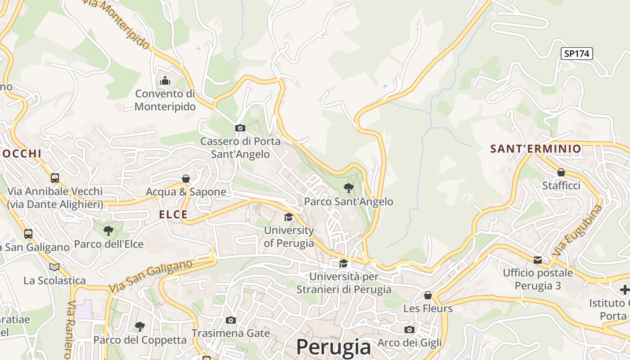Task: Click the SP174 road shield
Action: pyautogui.click(x=577, y=54)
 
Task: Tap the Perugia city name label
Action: pyautogui.click(x=333, y=347)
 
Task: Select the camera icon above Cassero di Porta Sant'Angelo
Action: pyautogui.click(x=240, y=128)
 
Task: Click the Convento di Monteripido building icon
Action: pyautogui.click(x=165, y=81)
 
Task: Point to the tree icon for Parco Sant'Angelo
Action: pyautogui.click(x=348, y=188)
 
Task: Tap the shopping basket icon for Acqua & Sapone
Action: pyautogui.click(x=186, y=179)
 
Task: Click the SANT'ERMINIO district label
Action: pyautogui.click(x=535, y=148)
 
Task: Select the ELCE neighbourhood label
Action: pyautogui.click(x=173, y=215)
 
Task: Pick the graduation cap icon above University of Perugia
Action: pyautogui.click(x=288, y=217)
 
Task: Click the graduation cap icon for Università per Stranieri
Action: pyautogui.click(x=343, y=263)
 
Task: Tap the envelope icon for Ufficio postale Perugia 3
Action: pyautogui.click(x=538, y=260)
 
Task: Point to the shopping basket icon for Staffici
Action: pyautogui.click(x=561, y=172)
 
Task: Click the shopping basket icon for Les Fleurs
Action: pyautogui.click(x=428, y=295)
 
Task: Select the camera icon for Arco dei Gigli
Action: pyautogui.click(x=409, y=329)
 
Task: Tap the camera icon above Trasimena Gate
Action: pyautogui.click(x=231, y=320)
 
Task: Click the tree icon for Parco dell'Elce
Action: pyautogui.click(x=108, y=231)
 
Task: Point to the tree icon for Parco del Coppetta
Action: pyautogui.click(x=140, y=326)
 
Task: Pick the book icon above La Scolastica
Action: pyautogui.click(x=54, y=267)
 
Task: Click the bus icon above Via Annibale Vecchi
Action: pyautogui.click(x=55, y=178)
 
